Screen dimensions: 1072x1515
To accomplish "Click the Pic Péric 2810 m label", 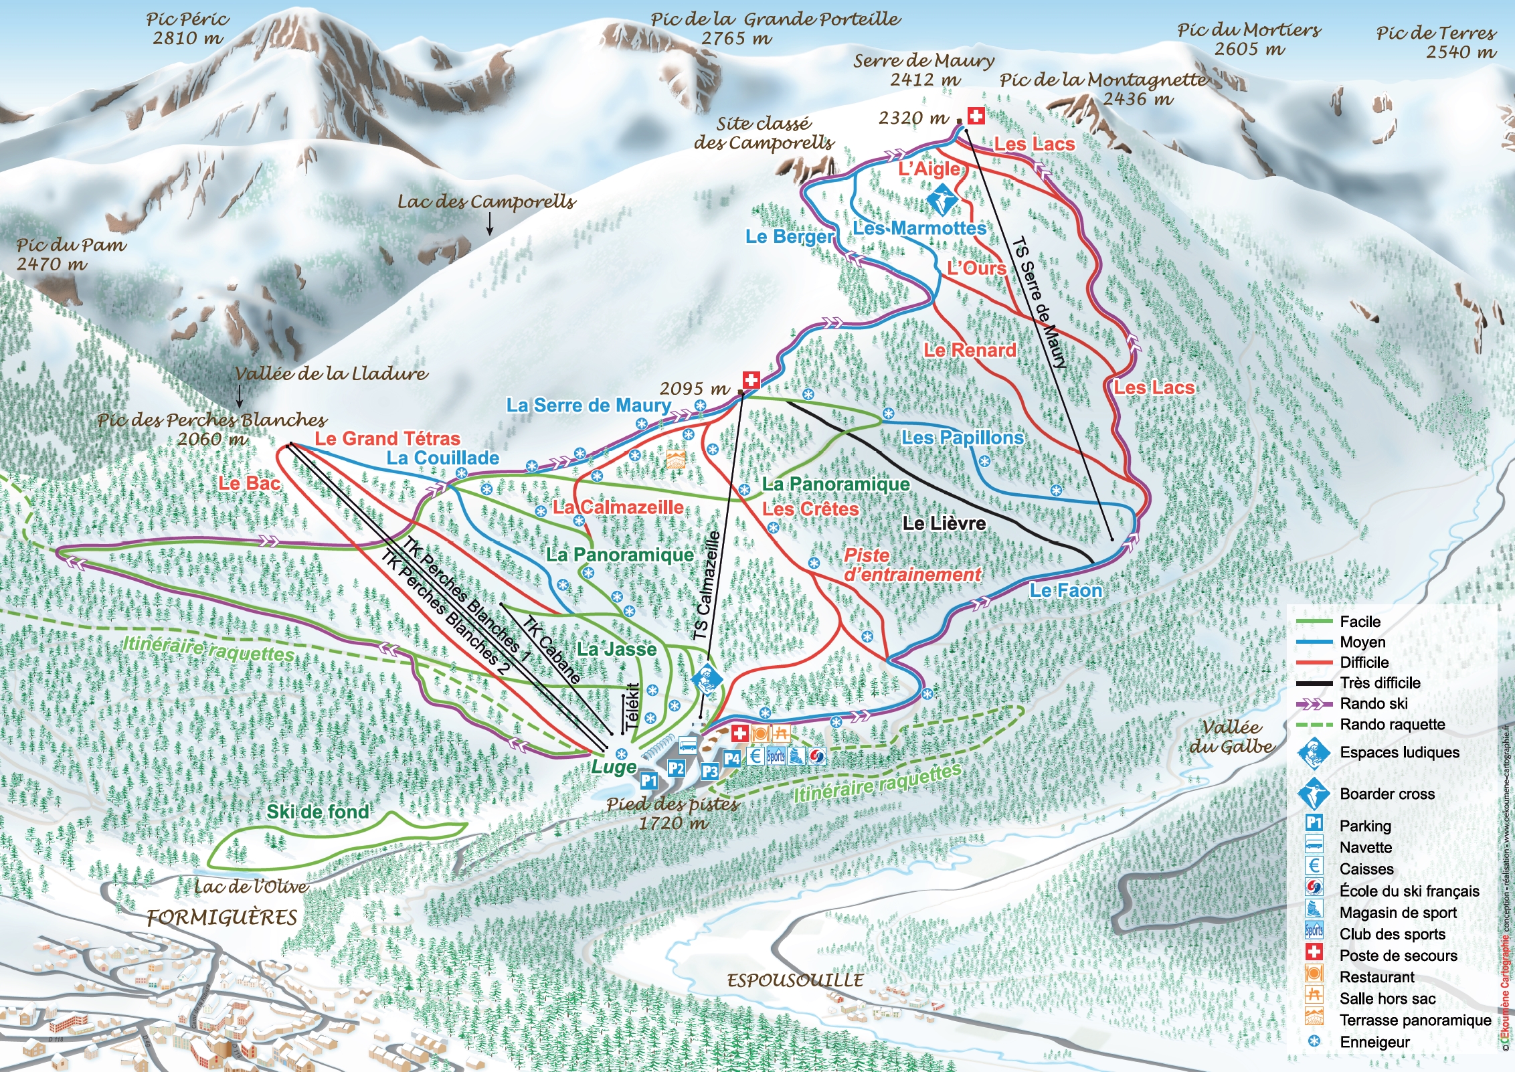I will coord(188,29).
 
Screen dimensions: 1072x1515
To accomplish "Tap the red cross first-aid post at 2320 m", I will coord(976,116).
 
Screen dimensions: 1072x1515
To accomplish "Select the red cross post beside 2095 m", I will coord(751,381).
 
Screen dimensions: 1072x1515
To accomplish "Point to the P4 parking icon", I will coord(732,759).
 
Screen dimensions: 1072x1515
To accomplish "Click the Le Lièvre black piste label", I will coord(944,523).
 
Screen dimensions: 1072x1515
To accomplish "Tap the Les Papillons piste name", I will coord(962,438).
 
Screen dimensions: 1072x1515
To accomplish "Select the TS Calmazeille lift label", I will coord(707,586).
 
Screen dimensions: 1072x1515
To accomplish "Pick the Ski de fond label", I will coord(318,812).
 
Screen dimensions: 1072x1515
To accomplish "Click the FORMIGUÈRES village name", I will coord(222,917).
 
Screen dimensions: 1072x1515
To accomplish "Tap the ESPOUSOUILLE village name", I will coord(795,981).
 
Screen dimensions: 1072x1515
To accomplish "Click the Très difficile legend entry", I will coord(1380,683).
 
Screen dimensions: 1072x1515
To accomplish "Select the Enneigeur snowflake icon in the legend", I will coord(1314,1042).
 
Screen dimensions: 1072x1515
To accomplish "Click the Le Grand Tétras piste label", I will coord(387,439).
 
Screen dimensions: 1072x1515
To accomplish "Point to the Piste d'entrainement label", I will coord(911,565).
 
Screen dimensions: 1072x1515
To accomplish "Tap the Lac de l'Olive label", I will coord(252,887).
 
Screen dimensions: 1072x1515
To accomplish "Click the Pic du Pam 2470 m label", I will coord(71,254).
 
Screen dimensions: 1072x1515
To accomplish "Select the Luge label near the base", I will coord(614,767).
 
